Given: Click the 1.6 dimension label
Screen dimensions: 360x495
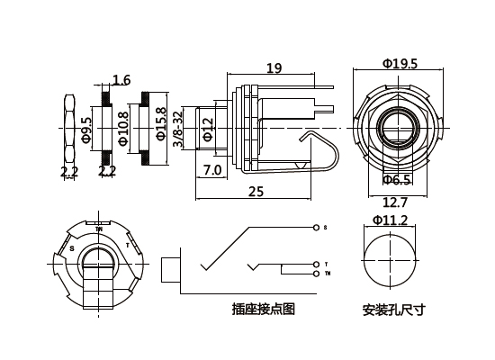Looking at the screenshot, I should [x=121, y=79].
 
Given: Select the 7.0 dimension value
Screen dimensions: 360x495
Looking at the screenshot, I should [x=212, y=170].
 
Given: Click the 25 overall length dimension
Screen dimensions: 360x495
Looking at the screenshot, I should [x=256, y=192].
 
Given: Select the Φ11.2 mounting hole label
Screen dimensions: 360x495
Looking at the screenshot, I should [x=391, y=220].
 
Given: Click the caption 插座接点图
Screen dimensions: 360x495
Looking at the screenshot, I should [x=263, y=310].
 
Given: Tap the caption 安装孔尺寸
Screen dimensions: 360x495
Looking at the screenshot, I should [x=393, y=310].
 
